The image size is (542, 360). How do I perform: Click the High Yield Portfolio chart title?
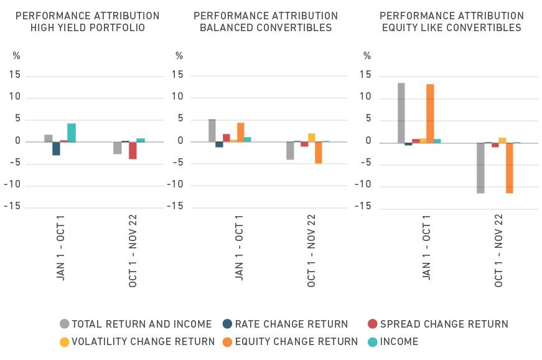(x=88, y=22)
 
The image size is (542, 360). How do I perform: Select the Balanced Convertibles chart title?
(x=266, y=22)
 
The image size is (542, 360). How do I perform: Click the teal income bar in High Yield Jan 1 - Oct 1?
(x=72, y=133)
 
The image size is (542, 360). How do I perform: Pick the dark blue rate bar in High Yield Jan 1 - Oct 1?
(x=56, y=148)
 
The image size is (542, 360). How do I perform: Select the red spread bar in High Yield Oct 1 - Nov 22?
(x=133, y=150)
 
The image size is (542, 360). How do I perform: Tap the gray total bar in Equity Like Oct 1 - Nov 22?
(x=480, y=168)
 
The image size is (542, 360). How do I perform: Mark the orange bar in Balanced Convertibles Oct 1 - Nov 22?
(x=318, y=153)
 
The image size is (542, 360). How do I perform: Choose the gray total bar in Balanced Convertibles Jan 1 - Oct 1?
(x=212, y=130)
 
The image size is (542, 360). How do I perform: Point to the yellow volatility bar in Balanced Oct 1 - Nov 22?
(x=311, y=138)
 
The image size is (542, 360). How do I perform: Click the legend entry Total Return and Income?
(x=136, y=324)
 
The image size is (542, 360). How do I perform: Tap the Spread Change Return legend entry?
(x=437, y=324)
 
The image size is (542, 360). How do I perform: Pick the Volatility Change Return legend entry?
(x=137, y=341)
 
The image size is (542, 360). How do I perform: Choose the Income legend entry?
(x=393, y=341)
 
